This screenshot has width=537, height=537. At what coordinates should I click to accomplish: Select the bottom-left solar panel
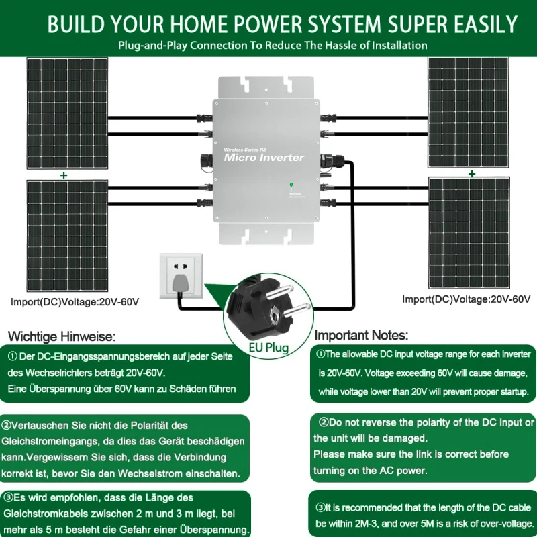point(66,235)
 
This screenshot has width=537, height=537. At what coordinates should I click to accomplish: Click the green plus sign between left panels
point(64,175)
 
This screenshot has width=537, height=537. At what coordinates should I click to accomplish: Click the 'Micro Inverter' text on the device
point(263,158)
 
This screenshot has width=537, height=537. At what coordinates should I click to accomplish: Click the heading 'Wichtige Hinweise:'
point(62,336)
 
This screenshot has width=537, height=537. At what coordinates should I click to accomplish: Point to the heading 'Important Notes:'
point(361,335)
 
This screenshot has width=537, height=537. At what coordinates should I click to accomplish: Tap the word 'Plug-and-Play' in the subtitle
point(152,46)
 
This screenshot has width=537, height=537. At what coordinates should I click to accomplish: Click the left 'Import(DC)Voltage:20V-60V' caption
point(75,302)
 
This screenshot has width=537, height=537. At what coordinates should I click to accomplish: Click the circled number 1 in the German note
point(13,356)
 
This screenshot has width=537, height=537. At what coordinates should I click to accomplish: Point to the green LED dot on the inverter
point(291,184)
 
